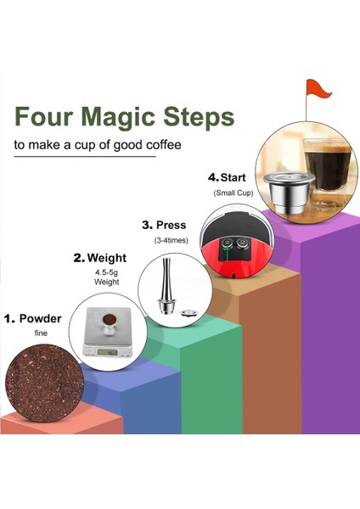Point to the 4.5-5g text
108,272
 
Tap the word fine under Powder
40,333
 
